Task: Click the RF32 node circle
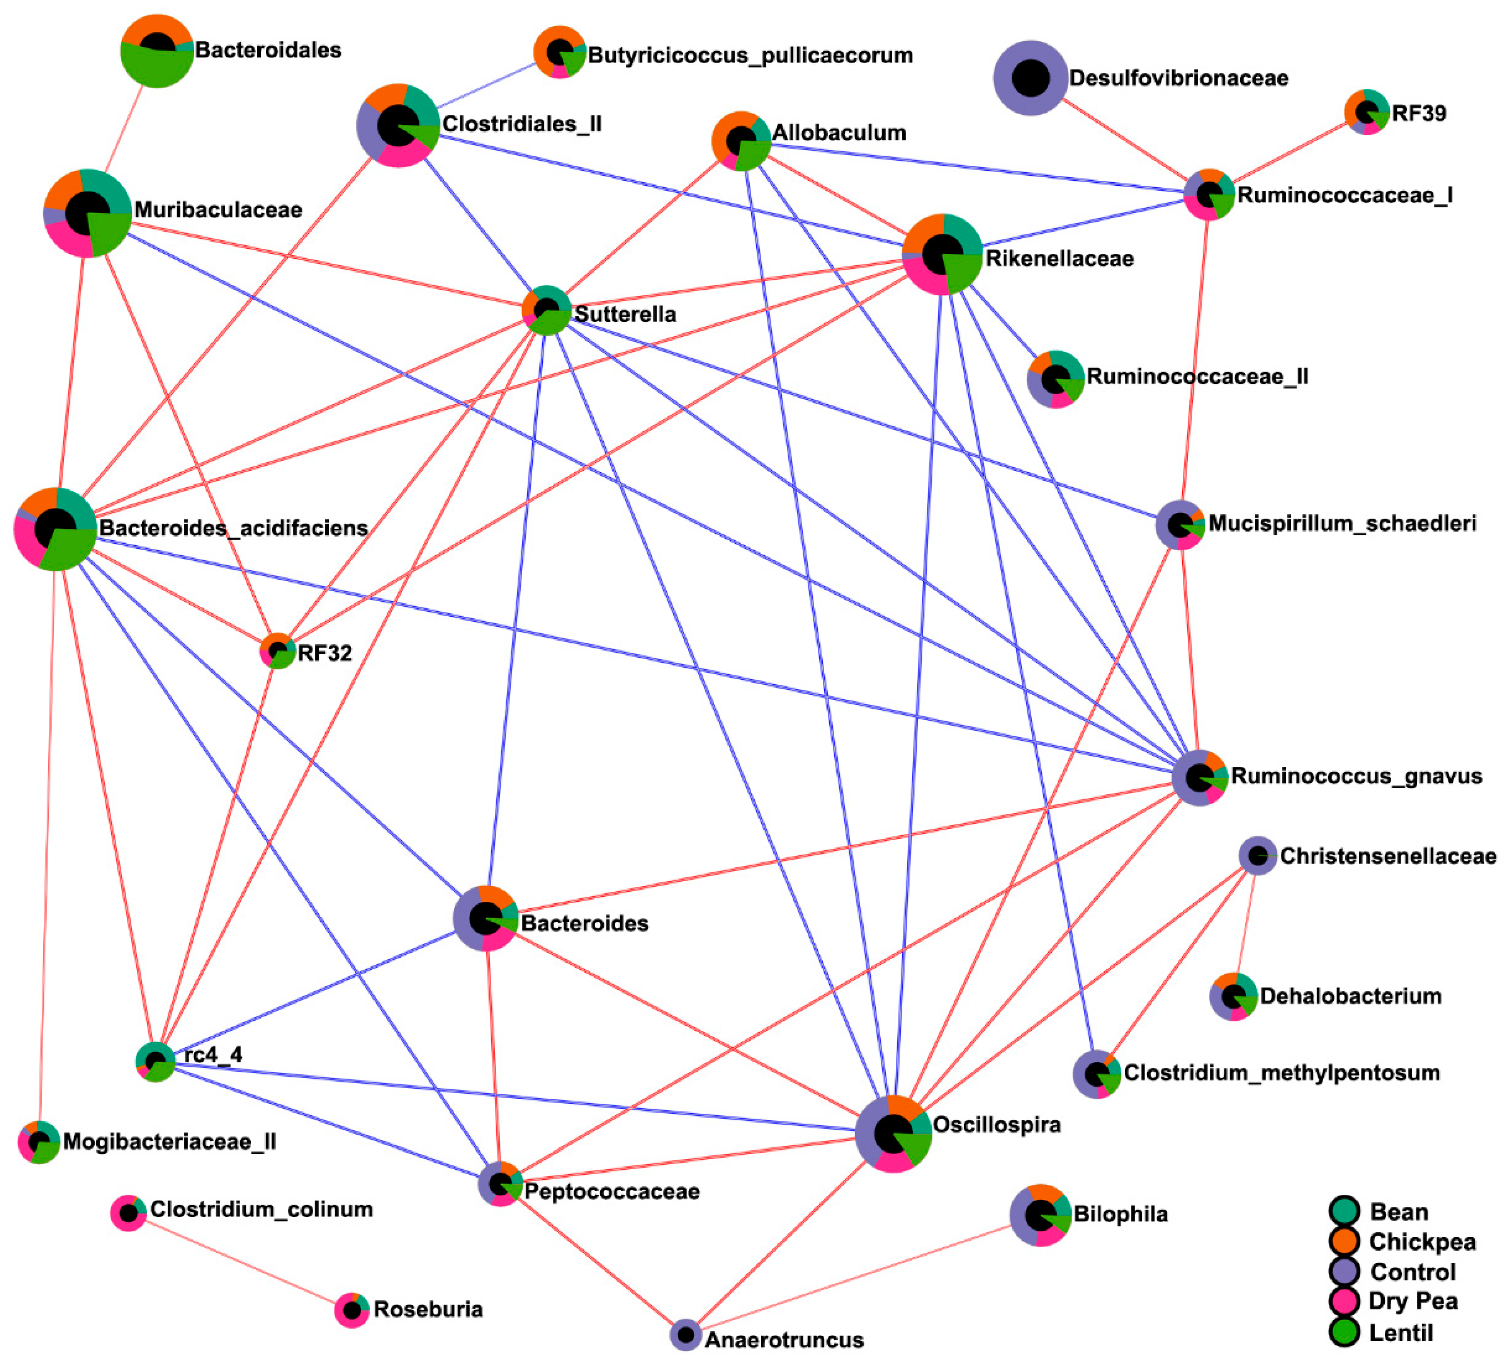point(277,650)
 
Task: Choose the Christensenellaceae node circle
point(1257,855)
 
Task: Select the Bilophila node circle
point(1040,1215)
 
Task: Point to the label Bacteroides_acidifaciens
point(233,528)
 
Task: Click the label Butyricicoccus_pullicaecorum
point(750,55)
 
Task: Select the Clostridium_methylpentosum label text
point(1281,1073)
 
